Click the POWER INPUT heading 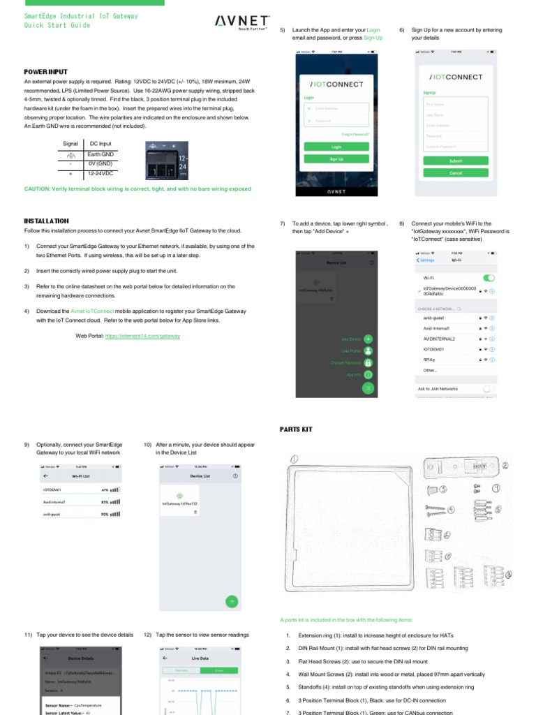click(45, 72)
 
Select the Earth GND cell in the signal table click(100, 154)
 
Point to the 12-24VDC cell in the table click(100, 172)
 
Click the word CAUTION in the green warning click(37, 189)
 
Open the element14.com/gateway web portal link click(142, 336)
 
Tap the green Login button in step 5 click(336, 147)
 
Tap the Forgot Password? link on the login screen click(355, 134)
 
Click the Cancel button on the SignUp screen click(455, 172)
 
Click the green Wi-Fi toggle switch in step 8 click(489, 278)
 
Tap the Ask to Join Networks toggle click(488, 388)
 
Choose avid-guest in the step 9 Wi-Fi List click(52, 513)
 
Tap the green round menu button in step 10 click(232, 600)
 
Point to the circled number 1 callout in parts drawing click(295, 459)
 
